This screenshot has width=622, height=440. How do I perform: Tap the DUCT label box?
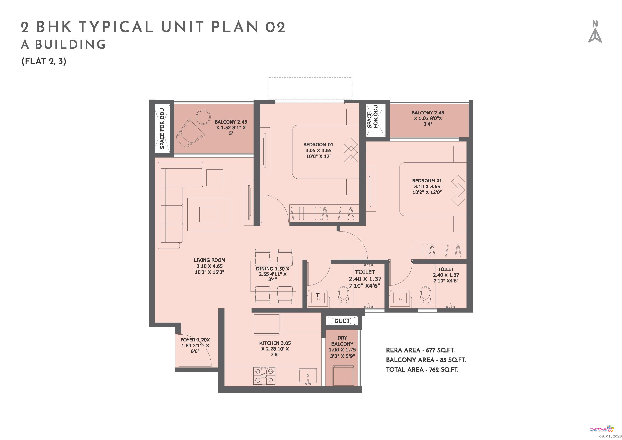342,321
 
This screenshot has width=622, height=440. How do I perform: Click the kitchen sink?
307,376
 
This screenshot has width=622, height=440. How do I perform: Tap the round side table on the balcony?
203,117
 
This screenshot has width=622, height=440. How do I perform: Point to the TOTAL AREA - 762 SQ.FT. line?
422,370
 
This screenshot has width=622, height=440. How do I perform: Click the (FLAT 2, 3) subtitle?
44,61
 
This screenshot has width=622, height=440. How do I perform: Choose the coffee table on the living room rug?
209,214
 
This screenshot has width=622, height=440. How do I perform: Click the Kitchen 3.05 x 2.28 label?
275,349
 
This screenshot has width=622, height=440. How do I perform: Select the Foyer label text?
195,345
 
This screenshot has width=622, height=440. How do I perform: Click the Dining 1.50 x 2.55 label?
273,274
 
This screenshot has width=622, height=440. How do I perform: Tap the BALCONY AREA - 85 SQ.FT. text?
426,360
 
